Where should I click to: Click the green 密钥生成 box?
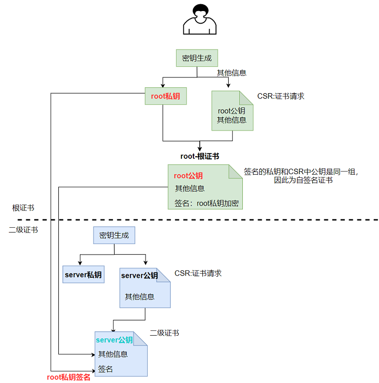pos(197,58)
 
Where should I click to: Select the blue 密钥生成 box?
pos(114,235)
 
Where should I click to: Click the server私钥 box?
pos(83,275)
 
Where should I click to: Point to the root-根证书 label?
pos(200,156)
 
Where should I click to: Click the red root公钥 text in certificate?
pos(189,176)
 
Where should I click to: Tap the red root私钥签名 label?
pos(69,377)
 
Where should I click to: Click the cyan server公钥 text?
pos(114,340)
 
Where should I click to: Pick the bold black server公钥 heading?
pos(139,276)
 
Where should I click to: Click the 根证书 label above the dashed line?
pos(23,208)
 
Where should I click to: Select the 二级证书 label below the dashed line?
pos(23,230)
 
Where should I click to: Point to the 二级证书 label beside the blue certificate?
pos(164,333)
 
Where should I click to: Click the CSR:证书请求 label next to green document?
pos(281,96)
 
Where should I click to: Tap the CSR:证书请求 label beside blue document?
pos(198,273)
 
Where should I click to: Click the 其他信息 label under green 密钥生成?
pos(232,73)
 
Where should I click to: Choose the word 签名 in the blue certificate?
pos(106,369)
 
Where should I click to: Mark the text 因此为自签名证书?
pos(304,180)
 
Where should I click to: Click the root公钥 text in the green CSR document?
pos(232,110)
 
